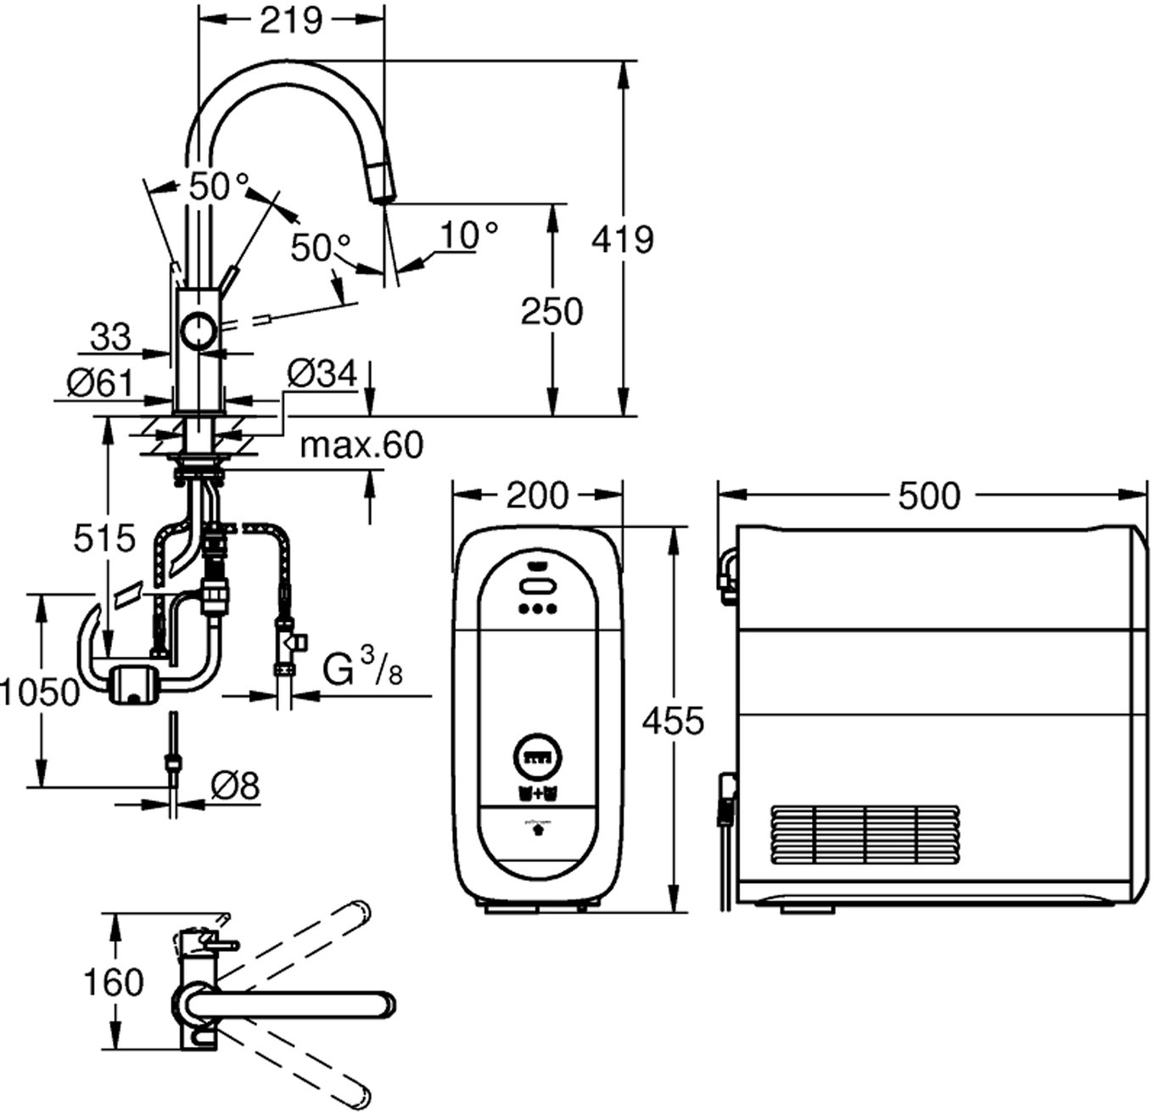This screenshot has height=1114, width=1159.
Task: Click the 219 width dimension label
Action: coord(291,20)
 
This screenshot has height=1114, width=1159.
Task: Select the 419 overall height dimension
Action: coord(623,240)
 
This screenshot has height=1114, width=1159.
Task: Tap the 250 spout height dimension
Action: coord(552,311)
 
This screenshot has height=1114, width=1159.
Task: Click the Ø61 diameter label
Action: coord(100,383)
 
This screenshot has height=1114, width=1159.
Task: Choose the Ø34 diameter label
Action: coord(322,373)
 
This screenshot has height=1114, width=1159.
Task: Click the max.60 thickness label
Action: coord(361,444)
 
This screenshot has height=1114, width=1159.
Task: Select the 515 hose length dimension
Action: coord(104,538)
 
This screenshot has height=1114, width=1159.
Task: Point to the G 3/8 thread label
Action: coord(363,670)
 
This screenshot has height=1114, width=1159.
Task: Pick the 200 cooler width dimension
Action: coord(537,495)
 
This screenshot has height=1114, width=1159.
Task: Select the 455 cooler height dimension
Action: coord(673,720)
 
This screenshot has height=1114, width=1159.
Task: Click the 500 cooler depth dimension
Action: coord(929,495)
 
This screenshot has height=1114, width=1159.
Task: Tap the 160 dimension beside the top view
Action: coord(113,982)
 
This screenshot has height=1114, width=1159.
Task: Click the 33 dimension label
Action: coord(110,337)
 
